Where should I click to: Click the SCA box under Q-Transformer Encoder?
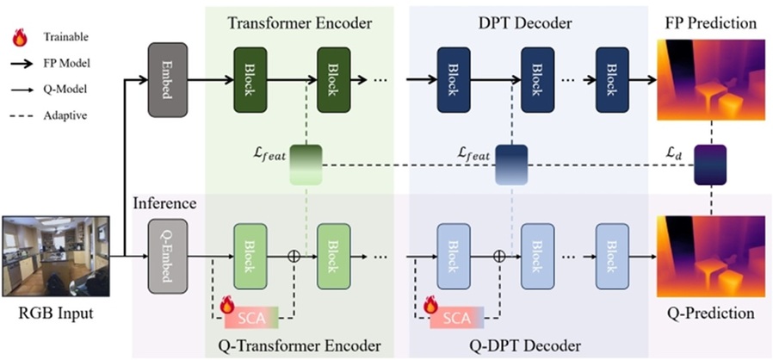coord(253,318)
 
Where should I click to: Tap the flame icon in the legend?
coord(18,37)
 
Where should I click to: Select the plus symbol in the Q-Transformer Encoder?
coord(294,256)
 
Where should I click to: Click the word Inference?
coord(164,204)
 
